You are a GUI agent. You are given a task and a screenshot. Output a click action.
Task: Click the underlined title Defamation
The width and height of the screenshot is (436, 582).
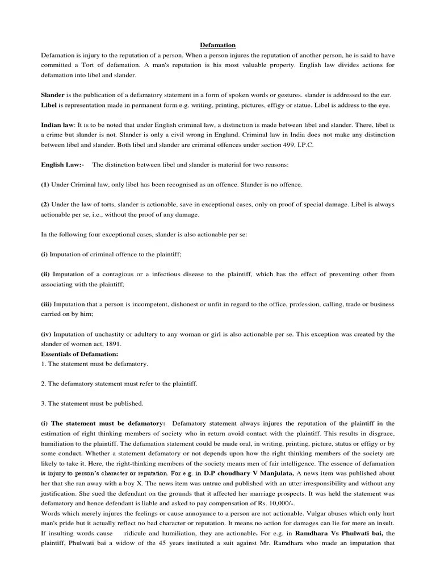tap(218, 45)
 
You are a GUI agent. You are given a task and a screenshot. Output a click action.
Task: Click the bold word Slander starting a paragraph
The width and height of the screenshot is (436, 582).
tap(52, 95)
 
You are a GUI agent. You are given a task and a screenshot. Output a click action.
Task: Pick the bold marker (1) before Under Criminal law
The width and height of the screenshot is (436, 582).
tap(45, 185)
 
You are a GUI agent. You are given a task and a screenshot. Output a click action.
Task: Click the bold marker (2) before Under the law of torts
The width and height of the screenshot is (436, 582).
tap(45, 204)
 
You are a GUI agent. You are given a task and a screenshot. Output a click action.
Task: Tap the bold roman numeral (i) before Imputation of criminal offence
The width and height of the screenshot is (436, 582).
tap(45, 254)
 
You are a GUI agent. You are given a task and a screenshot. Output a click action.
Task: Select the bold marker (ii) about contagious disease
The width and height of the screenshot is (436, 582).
tap(45, 274)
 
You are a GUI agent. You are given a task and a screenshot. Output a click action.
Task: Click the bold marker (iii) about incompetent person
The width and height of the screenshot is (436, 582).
tap(47, 304)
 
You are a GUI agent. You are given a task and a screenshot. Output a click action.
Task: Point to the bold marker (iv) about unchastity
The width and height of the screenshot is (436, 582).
tap(46, 334)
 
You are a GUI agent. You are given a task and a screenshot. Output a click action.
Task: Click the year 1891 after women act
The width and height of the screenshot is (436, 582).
tap(112, 344)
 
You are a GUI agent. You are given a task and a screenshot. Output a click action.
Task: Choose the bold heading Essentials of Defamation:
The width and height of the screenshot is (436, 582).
tap(79, 354)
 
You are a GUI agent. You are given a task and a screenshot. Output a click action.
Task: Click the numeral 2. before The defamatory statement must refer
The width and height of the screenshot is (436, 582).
tap(44, 384)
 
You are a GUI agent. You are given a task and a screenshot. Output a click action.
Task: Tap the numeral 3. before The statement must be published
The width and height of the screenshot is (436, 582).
tap(44, 404)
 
